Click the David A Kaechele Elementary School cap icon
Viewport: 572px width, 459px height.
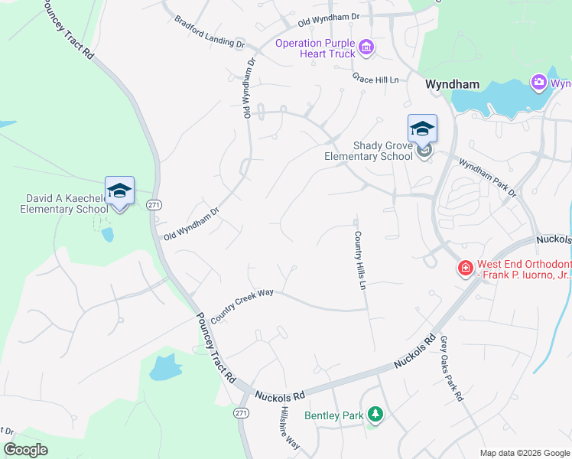(x=119, y=190)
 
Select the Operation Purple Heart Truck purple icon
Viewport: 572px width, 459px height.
(x=366, y=49)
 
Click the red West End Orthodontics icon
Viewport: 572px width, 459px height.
(x=464, y=268)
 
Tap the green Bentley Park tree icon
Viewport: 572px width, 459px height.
(x=375, y=415)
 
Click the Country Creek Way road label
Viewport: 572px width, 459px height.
(x=242, y=304)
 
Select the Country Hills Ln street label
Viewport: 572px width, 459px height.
(x=358, y=261)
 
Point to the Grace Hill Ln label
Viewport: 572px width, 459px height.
(x=376, y=79)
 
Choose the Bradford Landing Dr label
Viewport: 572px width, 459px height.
(x=209, y=31)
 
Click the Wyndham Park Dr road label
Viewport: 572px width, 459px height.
(x=487, y=177)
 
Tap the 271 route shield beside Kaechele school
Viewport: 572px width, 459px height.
(x=154, y=205)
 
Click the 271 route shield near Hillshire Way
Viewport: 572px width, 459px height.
(x=241, y=412)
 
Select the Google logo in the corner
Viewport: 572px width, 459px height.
(x=25, y=450)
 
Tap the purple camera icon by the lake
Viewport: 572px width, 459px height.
(x=538, y=83)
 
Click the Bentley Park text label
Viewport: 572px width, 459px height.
(x=333, y=415)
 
